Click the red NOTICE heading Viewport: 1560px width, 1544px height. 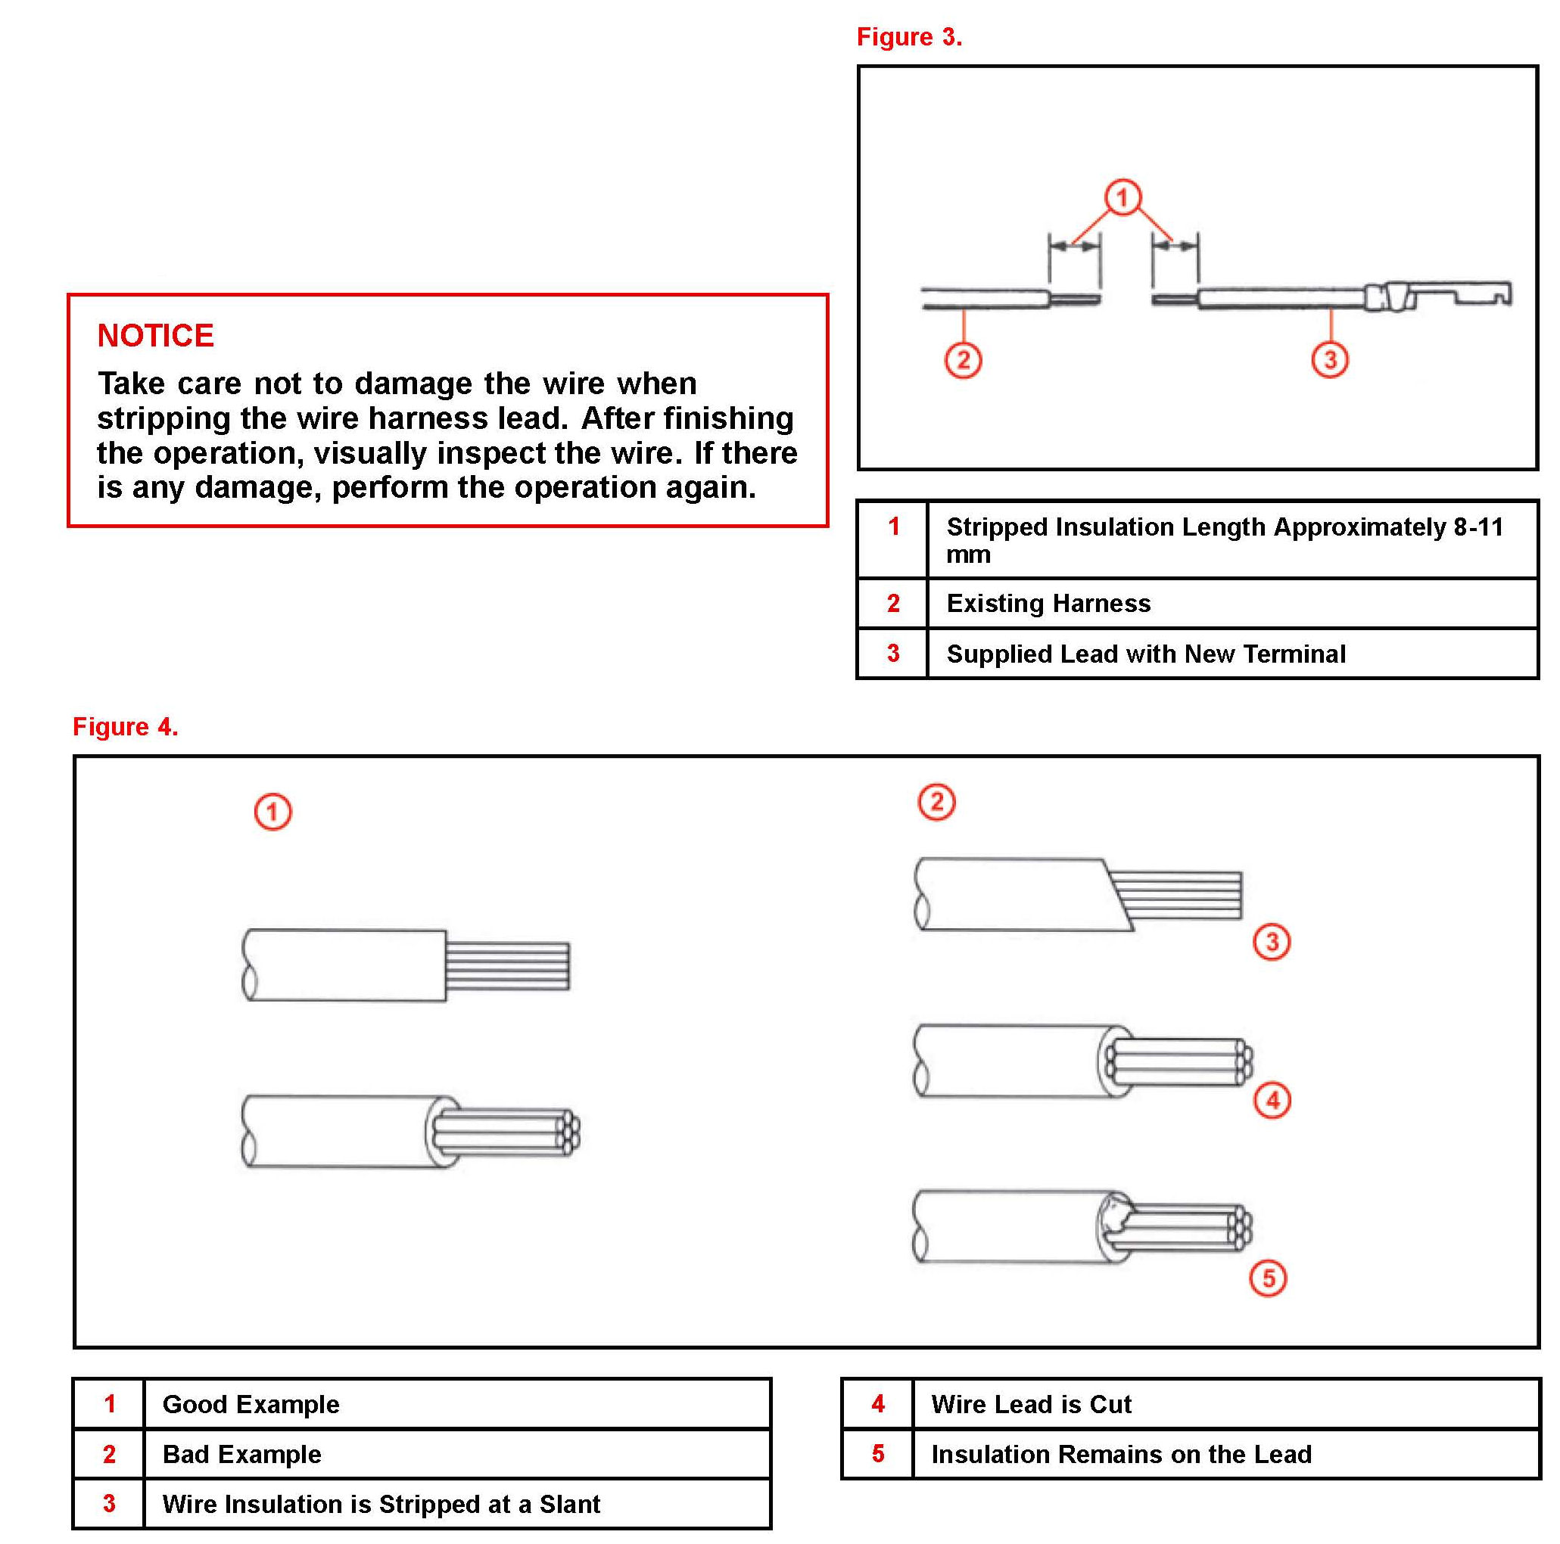pos(155,336)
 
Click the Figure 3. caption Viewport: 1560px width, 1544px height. pos(908,37)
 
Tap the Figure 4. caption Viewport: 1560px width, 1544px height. pos(125,726)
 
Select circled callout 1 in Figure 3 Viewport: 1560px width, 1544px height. pos(1123,197)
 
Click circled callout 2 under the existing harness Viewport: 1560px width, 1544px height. pos(963,360)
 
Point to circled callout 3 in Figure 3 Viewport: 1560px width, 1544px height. pos(1330,359)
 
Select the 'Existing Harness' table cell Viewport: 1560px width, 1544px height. pos(1048,604)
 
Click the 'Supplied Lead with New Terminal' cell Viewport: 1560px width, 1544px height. pos(1145,654)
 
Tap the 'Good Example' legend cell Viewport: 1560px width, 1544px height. pos(251,1404)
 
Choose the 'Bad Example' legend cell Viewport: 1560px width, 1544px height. pos(241,1455)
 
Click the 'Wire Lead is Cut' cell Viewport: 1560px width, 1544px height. pos(1030,1404)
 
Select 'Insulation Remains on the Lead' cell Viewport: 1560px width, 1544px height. pos(1121,1455)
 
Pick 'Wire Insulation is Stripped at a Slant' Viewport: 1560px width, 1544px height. pos(381,1505)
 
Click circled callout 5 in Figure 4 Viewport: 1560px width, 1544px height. pos(1268,1278)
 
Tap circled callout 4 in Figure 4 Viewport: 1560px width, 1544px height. pos(1272,1100)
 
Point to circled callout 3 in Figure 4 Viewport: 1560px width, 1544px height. pos(1272,942)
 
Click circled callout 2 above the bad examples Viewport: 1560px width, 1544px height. pos(936,803)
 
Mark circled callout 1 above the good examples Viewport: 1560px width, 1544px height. pos(273,812)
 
